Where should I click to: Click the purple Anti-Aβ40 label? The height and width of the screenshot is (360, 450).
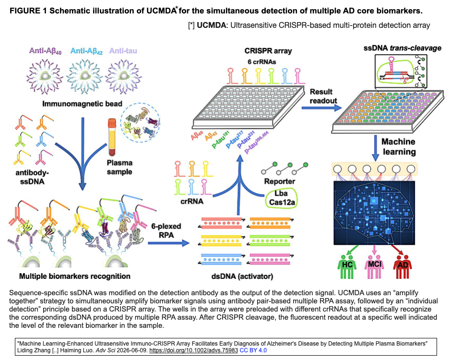coord(46,51)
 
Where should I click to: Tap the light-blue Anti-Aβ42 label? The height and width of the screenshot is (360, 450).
coord(86,51)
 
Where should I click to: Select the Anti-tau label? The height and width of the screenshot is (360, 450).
coord(123,51)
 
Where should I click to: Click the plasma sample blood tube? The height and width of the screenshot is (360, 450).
coord(112,137)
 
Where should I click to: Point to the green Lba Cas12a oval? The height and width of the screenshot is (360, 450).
coord(281,198)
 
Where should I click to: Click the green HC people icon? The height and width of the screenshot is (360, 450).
coord(347,267)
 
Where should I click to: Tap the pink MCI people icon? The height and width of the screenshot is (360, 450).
coord(374,267)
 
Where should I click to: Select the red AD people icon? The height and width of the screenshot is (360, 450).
coord(403,267)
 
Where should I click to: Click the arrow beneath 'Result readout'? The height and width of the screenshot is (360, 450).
coord(321,108)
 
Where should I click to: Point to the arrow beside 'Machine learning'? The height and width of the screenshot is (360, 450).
coord(375,148)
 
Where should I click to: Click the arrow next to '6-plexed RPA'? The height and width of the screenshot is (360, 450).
coord(169,243)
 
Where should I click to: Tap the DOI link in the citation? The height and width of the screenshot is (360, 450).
coord(193,350)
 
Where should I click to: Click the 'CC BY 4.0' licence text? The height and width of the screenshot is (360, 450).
coord(253,350)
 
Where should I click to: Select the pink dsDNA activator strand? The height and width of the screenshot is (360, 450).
coord(269,259)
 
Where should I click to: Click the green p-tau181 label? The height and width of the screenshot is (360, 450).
coord(220,140)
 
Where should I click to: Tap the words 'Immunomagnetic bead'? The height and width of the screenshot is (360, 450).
coord(83,104)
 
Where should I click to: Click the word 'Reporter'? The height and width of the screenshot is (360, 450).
coord(280,181)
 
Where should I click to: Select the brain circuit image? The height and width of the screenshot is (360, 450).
coord(374,213)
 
